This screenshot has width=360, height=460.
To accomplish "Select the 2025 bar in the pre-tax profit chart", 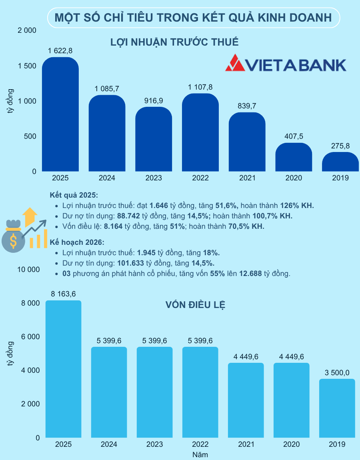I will coord(60,116).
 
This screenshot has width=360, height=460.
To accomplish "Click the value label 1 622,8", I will coord(60,51).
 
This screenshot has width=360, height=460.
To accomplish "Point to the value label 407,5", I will coord(294,136).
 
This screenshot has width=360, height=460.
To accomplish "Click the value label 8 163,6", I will coord(63,294).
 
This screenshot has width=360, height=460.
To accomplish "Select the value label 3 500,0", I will coord(337,372).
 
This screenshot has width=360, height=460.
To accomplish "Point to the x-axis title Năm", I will coord(200,454).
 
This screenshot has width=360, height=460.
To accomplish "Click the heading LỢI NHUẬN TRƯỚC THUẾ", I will coord(174,42).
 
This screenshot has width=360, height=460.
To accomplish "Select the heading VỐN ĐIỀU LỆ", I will coord(196,305).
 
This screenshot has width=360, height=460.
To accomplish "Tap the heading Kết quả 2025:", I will coord(74,195).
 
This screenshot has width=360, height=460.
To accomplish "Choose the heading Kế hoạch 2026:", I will coord(76,242).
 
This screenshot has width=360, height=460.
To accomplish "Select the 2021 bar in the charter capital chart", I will coord(246,400).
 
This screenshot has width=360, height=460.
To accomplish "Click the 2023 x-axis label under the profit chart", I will coord(154,178).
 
